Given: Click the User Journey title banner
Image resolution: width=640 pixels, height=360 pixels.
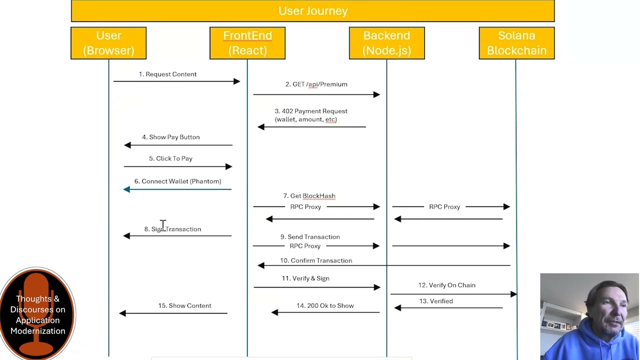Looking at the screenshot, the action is pos(313,11).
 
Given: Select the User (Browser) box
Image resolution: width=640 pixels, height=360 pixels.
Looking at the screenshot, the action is pos(108,43).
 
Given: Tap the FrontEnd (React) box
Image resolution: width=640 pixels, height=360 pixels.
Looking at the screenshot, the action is pos(247,43).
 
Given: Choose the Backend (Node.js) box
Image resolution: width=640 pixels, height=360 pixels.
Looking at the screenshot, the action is pos(387,43).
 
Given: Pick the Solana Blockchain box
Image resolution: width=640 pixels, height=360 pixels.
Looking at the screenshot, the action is pos(517,43).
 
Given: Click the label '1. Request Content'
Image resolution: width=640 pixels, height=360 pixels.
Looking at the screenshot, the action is pos(167,74).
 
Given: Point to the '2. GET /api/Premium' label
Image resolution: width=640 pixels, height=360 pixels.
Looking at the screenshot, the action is pos(316,84).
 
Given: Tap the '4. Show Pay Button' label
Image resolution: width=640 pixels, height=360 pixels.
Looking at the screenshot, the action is pos(171,137).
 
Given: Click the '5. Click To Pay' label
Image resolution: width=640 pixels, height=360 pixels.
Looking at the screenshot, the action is pos(170,158).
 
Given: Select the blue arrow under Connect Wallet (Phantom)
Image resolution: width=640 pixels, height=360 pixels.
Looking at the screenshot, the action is pos(177,189).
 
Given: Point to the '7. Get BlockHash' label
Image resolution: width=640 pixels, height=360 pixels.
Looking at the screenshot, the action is pos(309,196).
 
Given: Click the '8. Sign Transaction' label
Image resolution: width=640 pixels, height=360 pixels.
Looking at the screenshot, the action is pos(172,229).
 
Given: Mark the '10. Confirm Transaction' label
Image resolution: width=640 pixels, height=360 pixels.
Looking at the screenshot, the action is pos(316,260).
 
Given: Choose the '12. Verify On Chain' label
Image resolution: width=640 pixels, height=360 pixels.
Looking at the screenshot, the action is pos(447,285).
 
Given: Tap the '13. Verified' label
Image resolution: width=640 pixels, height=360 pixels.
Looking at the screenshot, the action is pos(436,301).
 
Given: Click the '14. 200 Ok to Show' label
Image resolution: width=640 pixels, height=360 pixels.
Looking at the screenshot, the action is pos(325,305).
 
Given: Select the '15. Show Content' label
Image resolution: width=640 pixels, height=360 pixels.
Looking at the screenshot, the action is pos(185,305).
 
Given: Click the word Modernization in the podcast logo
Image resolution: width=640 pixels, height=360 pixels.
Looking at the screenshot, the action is pos(37,331).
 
